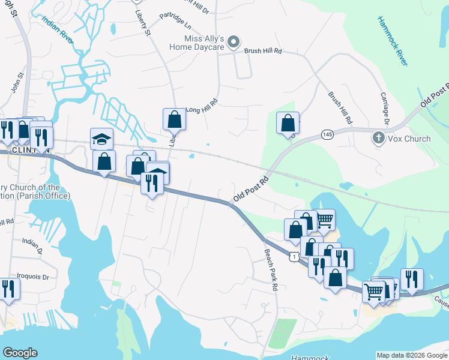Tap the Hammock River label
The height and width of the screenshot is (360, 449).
tap(394, 41)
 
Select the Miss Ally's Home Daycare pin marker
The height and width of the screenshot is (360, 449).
tap(235, 41)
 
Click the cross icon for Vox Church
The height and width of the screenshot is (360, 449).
tap(379, 138)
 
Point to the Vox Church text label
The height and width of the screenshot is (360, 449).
tap(410, 139)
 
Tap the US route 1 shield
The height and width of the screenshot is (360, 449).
tap(294, 256)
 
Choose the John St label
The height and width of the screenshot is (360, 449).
tap(16, 83)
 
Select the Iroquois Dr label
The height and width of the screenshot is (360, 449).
tap(36, 278)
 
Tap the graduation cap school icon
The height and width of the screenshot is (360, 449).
tap(101, 139)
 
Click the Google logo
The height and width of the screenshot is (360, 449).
tap(20, 353)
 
